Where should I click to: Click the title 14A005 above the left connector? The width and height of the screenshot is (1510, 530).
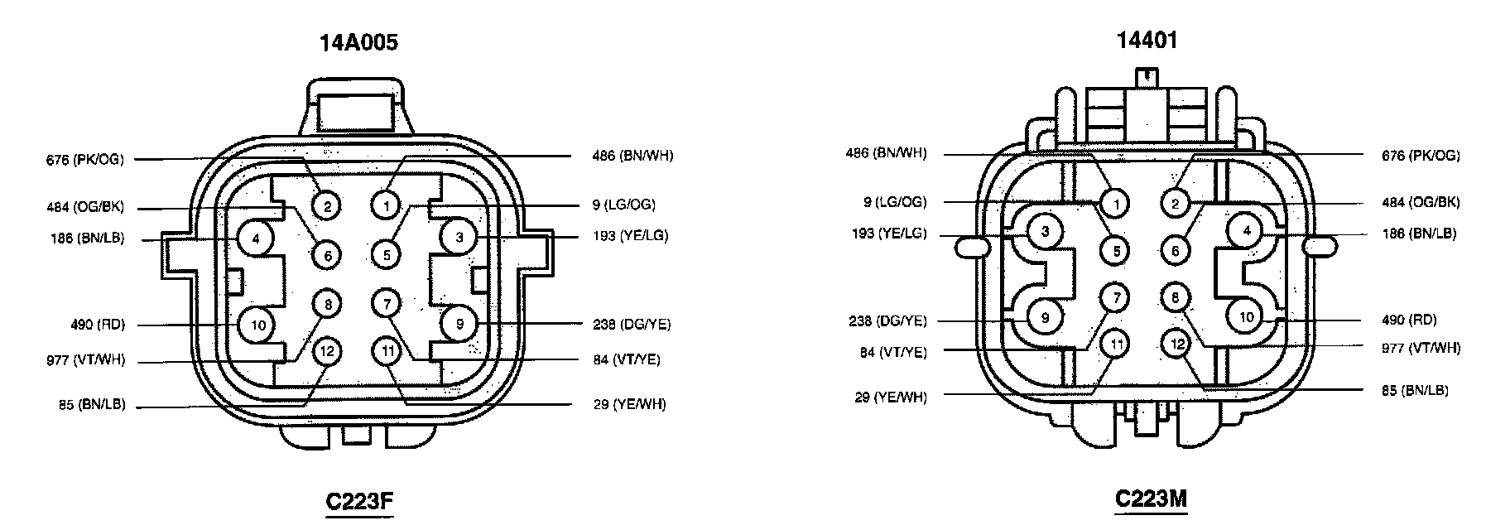359,42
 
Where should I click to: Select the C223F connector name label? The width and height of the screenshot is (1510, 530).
360,502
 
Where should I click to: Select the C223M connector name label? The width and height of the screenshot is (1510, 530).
1152,499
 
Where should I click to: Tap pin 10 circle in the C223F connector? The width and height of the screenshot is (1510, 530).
258,325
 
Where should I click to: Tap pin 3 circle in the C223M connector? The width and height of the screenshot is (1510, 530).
1046,231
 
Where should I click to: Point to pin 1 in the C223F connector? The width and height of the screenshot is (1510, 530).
386,205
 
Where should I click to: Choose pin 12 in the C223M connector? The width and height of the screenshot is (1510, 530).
1176,343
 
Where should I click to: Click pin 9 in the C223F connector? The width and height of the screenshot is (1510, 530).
459,324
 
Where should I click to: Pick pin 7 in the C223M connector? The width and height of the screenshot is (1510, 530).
1116,297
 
